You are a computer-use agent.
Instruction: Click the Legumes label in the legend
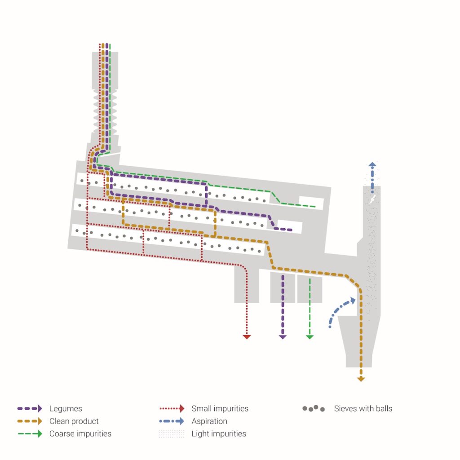click(66, 408)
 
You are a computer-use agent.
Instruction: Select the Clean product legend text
click(74, 421)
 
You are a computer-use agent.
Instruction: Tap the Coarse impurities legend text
click(80, 433)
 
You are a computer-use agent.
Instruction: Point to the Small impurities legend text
click(220, 408)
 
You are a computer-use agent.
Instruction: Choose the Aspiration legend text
click(209, 421)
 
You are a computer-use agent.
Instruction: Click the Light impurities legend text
click(219, 433)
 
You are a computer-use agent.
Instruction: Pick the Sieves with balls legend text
click(363, 408)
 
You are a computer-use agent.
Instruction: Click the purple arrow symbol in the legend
click(30, 408)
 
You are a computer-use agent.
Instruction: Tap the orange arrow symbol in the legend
click(30, 421)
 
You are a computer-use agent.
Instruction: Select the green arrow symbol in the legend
click(30, 433)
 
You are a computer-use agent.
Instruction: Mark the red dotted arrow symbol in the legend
click(172, 408)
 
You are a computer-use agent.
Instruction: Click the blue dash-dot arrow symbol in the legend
click(172, 421)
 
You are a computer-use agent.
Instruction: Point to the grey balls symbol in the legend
click(314, 408)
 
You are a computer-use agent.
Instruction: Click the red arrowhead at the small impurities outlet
click(247, 337)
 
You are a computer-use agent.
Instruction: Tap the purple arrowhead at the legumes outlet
click(283, 337)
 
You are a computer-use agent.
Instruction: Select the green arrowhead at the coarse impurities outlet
click(310, 337)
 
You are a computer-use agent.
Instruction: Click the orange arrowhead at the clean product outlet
click(361, 379)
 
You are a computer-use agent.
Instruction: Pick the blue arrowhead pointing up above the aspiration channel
click(372, 164)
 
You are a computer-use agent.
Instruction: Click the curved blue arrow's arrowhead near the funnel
click(353, 301)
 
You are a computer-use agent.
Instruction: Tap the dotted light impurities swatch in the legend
click(172, 433)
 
